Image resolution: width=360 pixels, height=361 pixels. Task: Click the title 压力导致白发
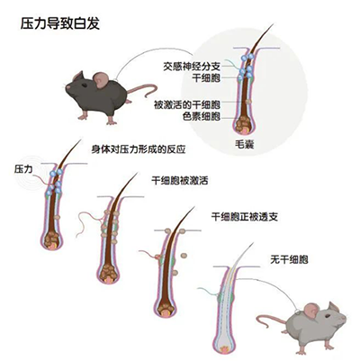[x=60, y=23]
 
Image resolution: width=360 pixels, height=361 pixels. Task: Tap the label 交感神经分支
[x=192, y=66]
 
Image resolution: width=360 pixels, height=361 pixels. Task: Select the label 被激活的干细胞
[x=187, y=105]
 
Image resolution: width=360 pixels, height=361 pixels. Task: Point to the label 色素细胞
[x=202, y=116]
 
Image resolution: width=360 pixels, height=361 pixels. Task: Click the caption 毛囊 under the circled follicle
[x=245, y=144]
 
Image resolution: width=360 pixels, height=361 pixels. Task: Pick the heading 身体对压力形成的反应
[x=139, y=149]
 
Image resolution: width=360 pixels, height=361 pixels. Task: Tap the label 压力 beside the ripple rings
[x=23, y=169]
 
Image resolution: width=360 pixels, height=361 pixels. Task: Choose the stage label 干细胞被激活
[x=180, y=181]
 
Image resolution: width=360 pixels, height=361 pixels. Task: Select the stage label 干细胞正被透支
[x=245, y=217]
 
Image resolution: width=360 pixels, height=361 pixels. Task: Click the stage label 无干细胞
[x=289, y=259]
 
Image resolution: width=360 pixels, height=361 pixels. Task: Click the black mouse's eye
[x=85, y=86]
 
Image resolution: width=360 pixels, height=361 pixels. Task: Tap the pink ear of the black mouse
[x=101, y=79]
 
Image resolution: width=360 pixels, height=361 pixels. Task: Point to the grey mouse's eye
[x=328, y=316]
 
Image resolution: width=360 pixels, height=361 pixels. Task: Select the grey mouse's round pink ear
[x=311, y=310]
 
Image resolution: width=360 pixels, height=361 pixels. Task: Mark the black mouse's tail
[x=141, y=90]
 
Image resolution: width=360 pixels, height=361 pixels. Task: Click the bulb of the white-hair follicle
[x=223, y=347]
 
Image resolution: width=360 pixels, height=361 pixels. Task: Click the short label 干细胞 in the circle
[x=206, y=78]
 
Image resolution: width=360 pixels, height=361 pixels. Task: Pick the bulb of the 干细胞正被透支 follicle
[x=165, y=309]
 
